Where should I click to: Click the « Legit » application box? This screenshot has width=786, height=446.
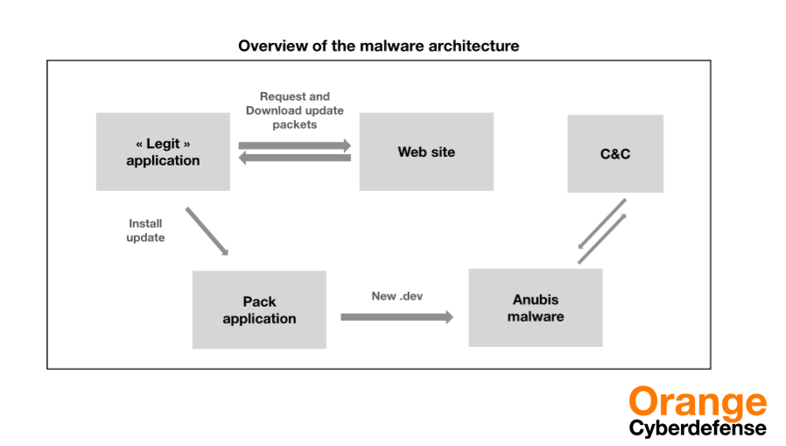click(x=163, y=152)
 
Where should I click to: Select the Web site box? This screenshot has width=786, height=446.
click(x=426, y=152)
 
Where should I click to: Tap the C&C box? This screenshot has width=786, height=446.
click(x=615, y=153)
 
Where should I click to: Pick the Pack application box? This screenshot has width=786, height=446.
click(x=259, y=309)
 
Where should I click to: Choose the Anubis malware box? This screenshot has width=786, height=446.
click(x=536, y=308)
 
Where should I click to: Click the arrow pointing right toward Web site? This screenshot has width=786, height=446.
click(x=295, y=145)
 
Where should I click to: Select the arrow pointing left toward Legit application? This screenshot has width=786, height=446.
click(x=295, y=158)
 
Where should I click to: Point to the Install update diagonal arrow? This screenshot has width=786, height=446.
click(x=207, y=231)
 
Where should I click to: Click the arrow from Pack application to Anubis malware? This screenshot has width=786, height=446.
click(x=397, y=317)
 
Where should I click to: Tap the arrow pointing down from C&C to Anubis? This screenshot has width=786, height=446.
click(x=601, y=223)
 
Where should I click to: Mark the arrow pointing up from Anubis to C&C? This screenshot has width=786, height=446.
click(x=602, y=239)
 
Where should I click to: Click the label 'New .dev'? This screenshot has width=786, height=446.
click(x=397, y=296)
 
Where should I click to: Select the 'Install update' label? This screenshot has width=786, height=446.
click(x=145, y=230)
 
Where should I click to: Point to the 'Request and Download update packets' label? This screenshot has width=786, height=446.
click(x=295, y=110)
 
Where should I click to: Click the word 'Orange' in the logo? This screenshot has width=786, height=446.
click(x=698, y=402)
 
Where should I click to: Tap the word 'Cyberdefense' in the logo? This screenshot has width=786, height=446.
click(x=698, y=428)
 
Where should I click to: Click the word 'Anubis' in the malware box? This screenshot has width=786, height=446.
click(x=536, y=300)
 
